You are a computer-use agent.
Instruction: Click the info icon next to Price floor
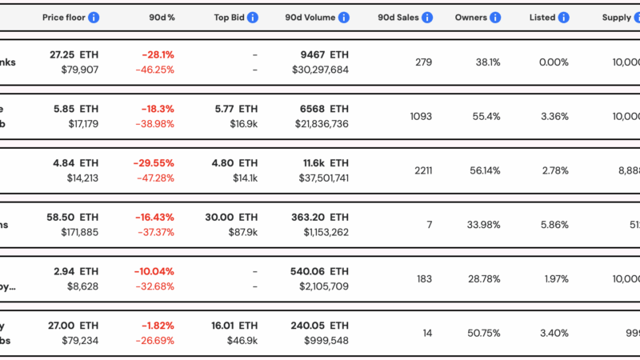[x=94, y=17]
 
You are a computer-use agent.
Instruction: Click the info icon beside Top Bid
[x=253, y=17]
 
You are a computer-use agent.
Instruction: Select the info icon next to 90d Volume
[x=343, y=17]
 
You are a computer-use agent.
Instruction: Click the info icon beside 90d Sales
[x=427, y=17]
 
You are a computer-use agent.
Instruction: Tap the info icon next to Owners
[x=494, y=17]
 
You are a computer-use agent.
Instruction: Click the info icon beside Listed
[x=564, y=17]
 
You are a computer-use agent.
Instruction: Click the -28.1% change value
[x=158, y=55]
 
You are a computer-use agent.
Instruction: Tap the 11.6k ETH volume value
[x=320, y=162]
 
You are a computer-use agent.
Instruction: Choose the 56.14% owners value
[x=485, y=170]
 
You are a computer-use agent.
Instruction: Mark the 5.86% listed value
[x=553, y=225]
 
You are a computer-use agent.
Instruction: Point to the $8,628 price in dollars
[x=81, y=286]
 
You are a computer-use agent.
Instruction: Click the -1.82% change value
[x=158, y=326]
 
